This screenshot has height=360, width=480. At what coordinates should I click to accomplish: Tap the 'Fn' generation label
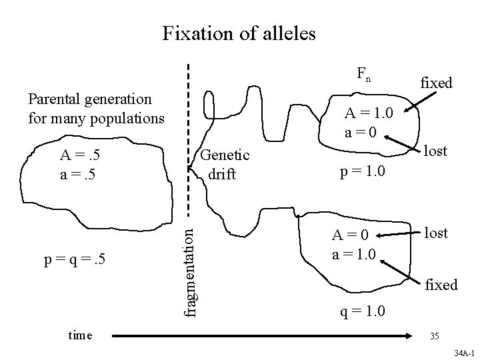tap(363, 75)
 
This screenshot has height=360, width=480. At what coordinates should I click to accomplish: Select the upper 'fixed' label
tap(436, 83)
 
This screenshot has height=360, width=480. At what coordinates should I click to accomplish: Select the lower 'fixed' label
tap(441, 285)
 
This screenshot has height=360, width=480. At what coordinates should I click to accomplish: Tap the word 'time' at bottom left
tap(81, 335)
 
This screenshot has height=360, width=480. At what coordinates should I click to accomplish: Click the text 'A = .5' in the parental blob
tap(80, 157)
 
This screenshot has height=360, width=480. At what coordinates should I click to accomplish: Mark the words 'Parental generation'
tap(90, 99)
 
